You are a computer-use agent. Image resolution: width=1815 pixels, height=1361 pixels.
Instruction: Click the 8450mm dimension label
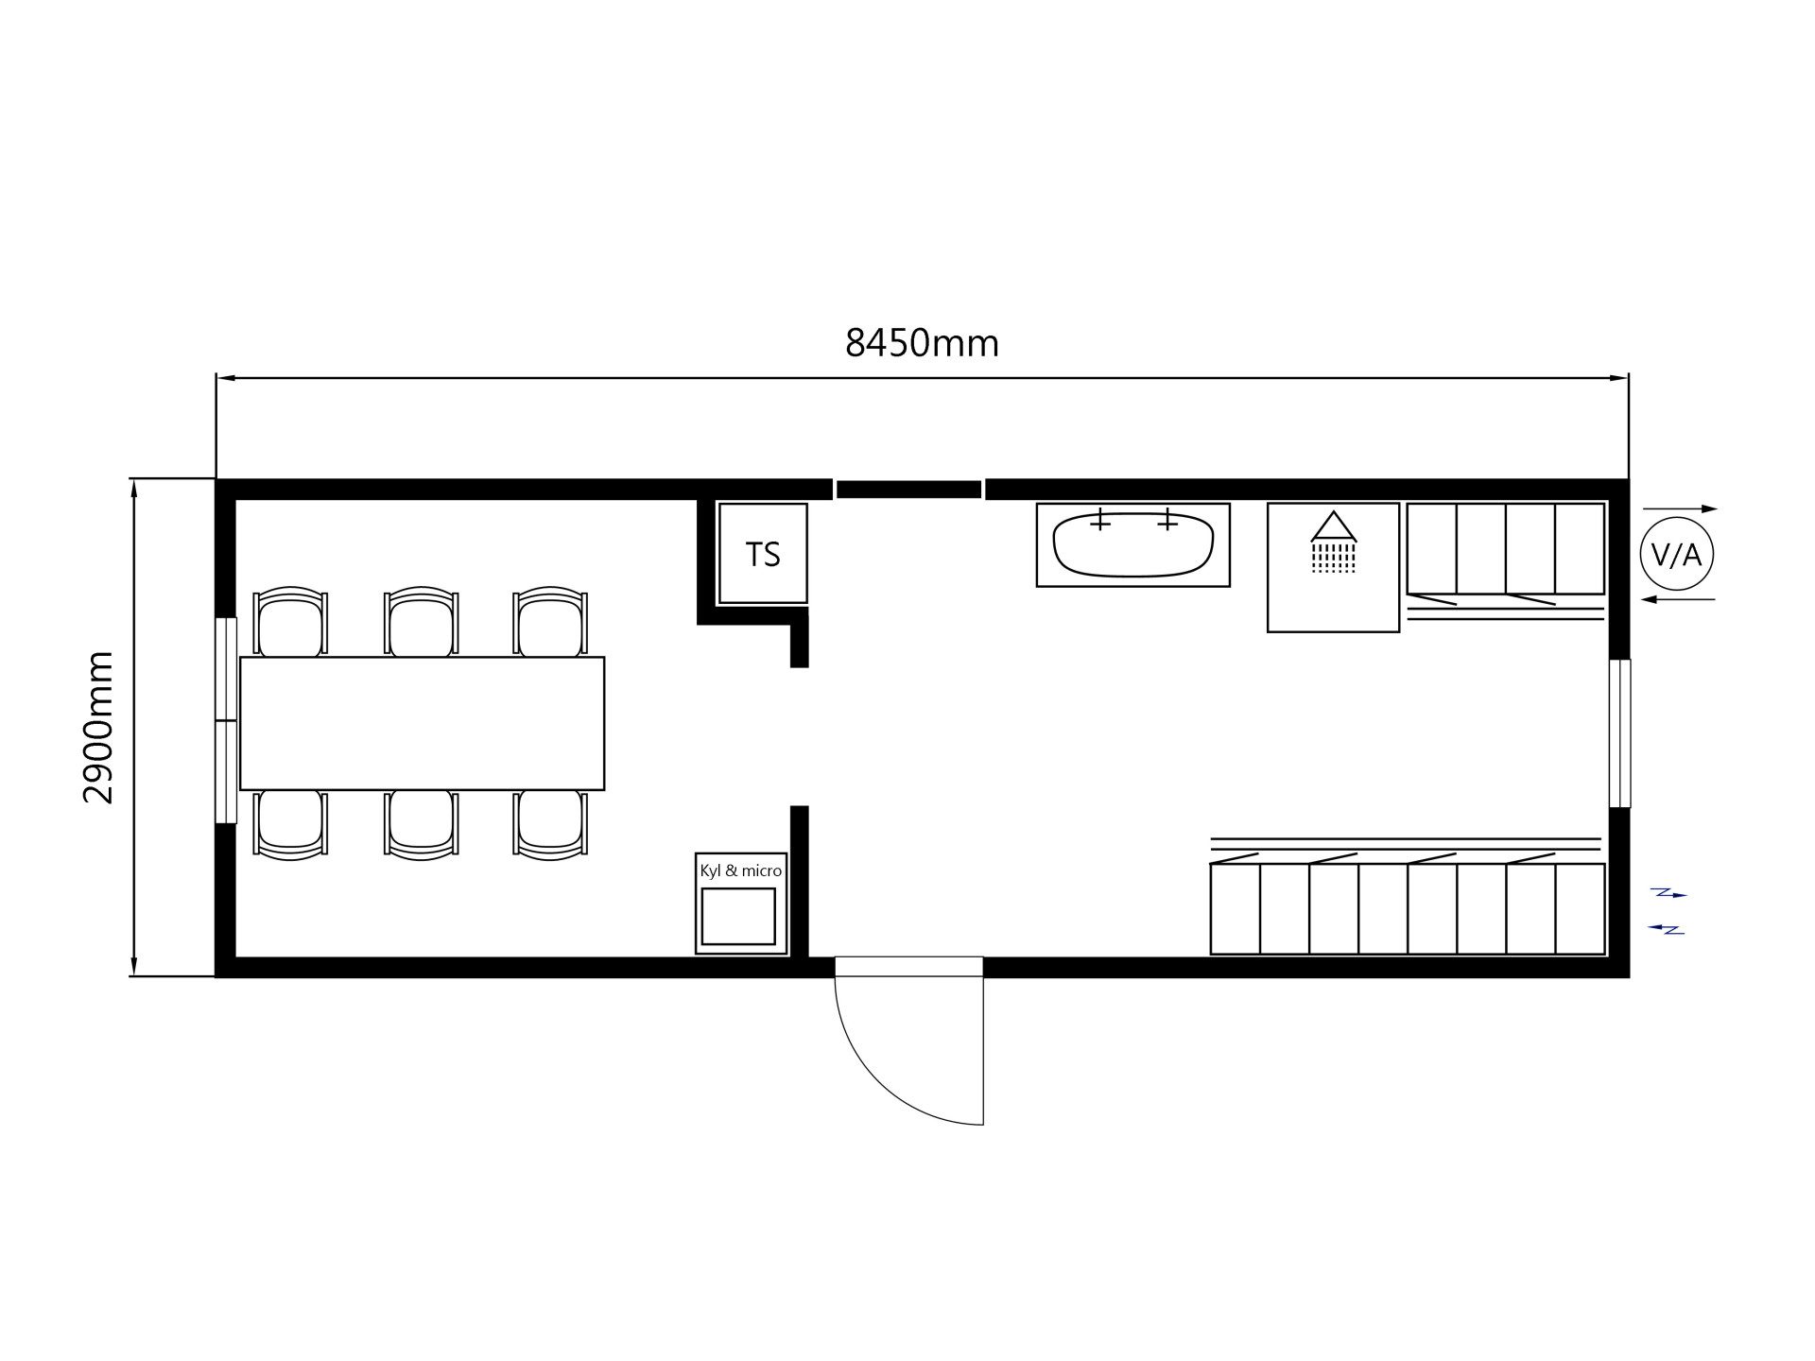pos(922,342)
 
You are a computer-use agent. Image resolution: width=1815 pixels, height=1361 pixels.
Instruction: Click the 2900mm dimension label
pos(98,727)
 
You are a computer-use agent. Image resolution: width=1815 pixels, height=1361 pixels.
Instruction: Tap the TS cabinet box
pos(763,553)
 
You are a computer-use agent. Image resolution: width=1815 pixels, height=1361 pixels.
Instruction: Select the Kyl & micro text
pos(741,870)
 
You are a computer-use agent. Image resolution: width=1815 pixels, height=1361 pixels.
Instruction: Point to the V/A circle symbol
pos(1677,555)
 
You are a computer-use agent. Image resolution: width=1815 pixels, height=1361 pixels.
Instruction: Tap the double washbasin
pos(1133,544)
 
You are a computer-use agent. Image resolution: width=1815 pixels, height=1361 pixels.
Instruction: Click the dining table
pos(422,723)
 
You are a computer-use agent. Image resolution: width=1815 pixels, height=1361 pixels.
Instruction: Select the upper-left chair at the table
pos(291,621)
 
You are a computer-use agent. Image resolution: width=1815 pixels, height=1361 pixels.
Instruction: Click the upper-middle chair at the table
pos(422,621)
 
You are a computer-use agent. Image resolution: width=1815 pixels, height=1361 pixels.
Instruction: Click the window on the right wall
pos(1620,733)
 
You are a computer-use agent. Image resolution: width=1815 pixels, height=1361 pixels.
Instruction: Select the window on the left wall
pos(226,720)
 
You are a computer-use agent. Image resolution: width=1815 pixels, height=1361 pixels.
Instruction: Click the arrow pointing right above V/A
pos(1681,508)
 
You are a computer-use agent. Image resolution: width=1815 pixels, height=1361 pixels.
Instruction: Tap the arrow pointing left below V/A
pos(1678,599)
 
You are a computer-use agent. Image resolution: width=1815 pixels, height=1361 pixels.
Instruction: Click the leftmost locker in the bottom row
pos(1236,908)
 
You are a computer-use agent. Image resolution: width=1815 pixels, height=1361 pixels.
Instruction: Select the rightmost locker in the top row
pos(1580,548)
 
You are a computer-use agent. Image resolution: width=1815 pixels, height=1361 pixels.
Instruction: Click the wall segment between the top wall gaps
pos(908,490)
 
